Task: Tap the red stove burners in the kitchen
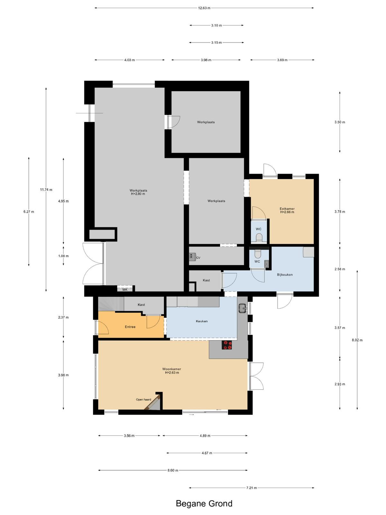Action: point(227,345)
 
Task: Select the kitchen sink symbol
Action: point(242,308)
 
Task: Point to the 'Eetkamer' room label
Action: point(287,209)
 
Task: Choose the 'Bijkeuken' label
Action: point(285,275)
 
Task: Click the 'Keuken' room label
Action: point(202,321)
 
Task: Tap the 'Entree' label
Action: point(130,327)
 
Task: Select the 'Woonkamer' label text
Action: point(172,369)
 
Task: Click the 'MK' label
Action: point(125,290)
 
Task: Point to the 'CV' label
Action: point(198,258)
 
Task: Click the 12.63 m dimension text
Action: point(204,8)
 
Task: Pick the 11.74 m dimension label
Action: point(46,190)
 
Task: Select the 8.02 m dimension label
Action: point(357,340)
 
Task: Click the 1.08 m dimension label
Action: point(63,256)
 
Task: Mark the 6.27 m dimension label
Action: point(29,211)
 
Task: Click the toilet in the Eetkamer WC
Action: point(259,238)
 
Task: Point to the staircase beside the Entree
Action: point(111,304)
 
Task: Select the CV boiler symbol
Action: point(192,257)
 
